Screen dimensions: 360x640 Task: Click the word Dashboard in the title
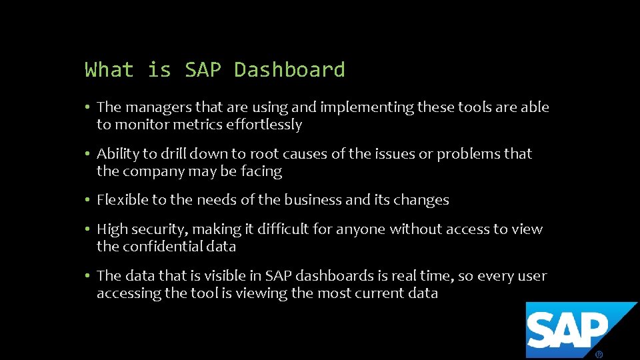[289, 69]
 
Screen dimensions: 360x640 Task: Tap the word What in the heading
[109, 69]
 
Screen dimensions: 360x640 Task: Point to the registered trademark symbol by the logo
[599, 354]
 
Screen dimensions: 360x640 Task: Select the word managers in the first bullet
[154, 107]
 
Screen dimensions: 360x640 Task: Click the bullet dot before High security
[88, 229]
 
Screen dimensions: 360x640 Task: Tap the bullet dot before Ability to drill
[88, 154]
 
